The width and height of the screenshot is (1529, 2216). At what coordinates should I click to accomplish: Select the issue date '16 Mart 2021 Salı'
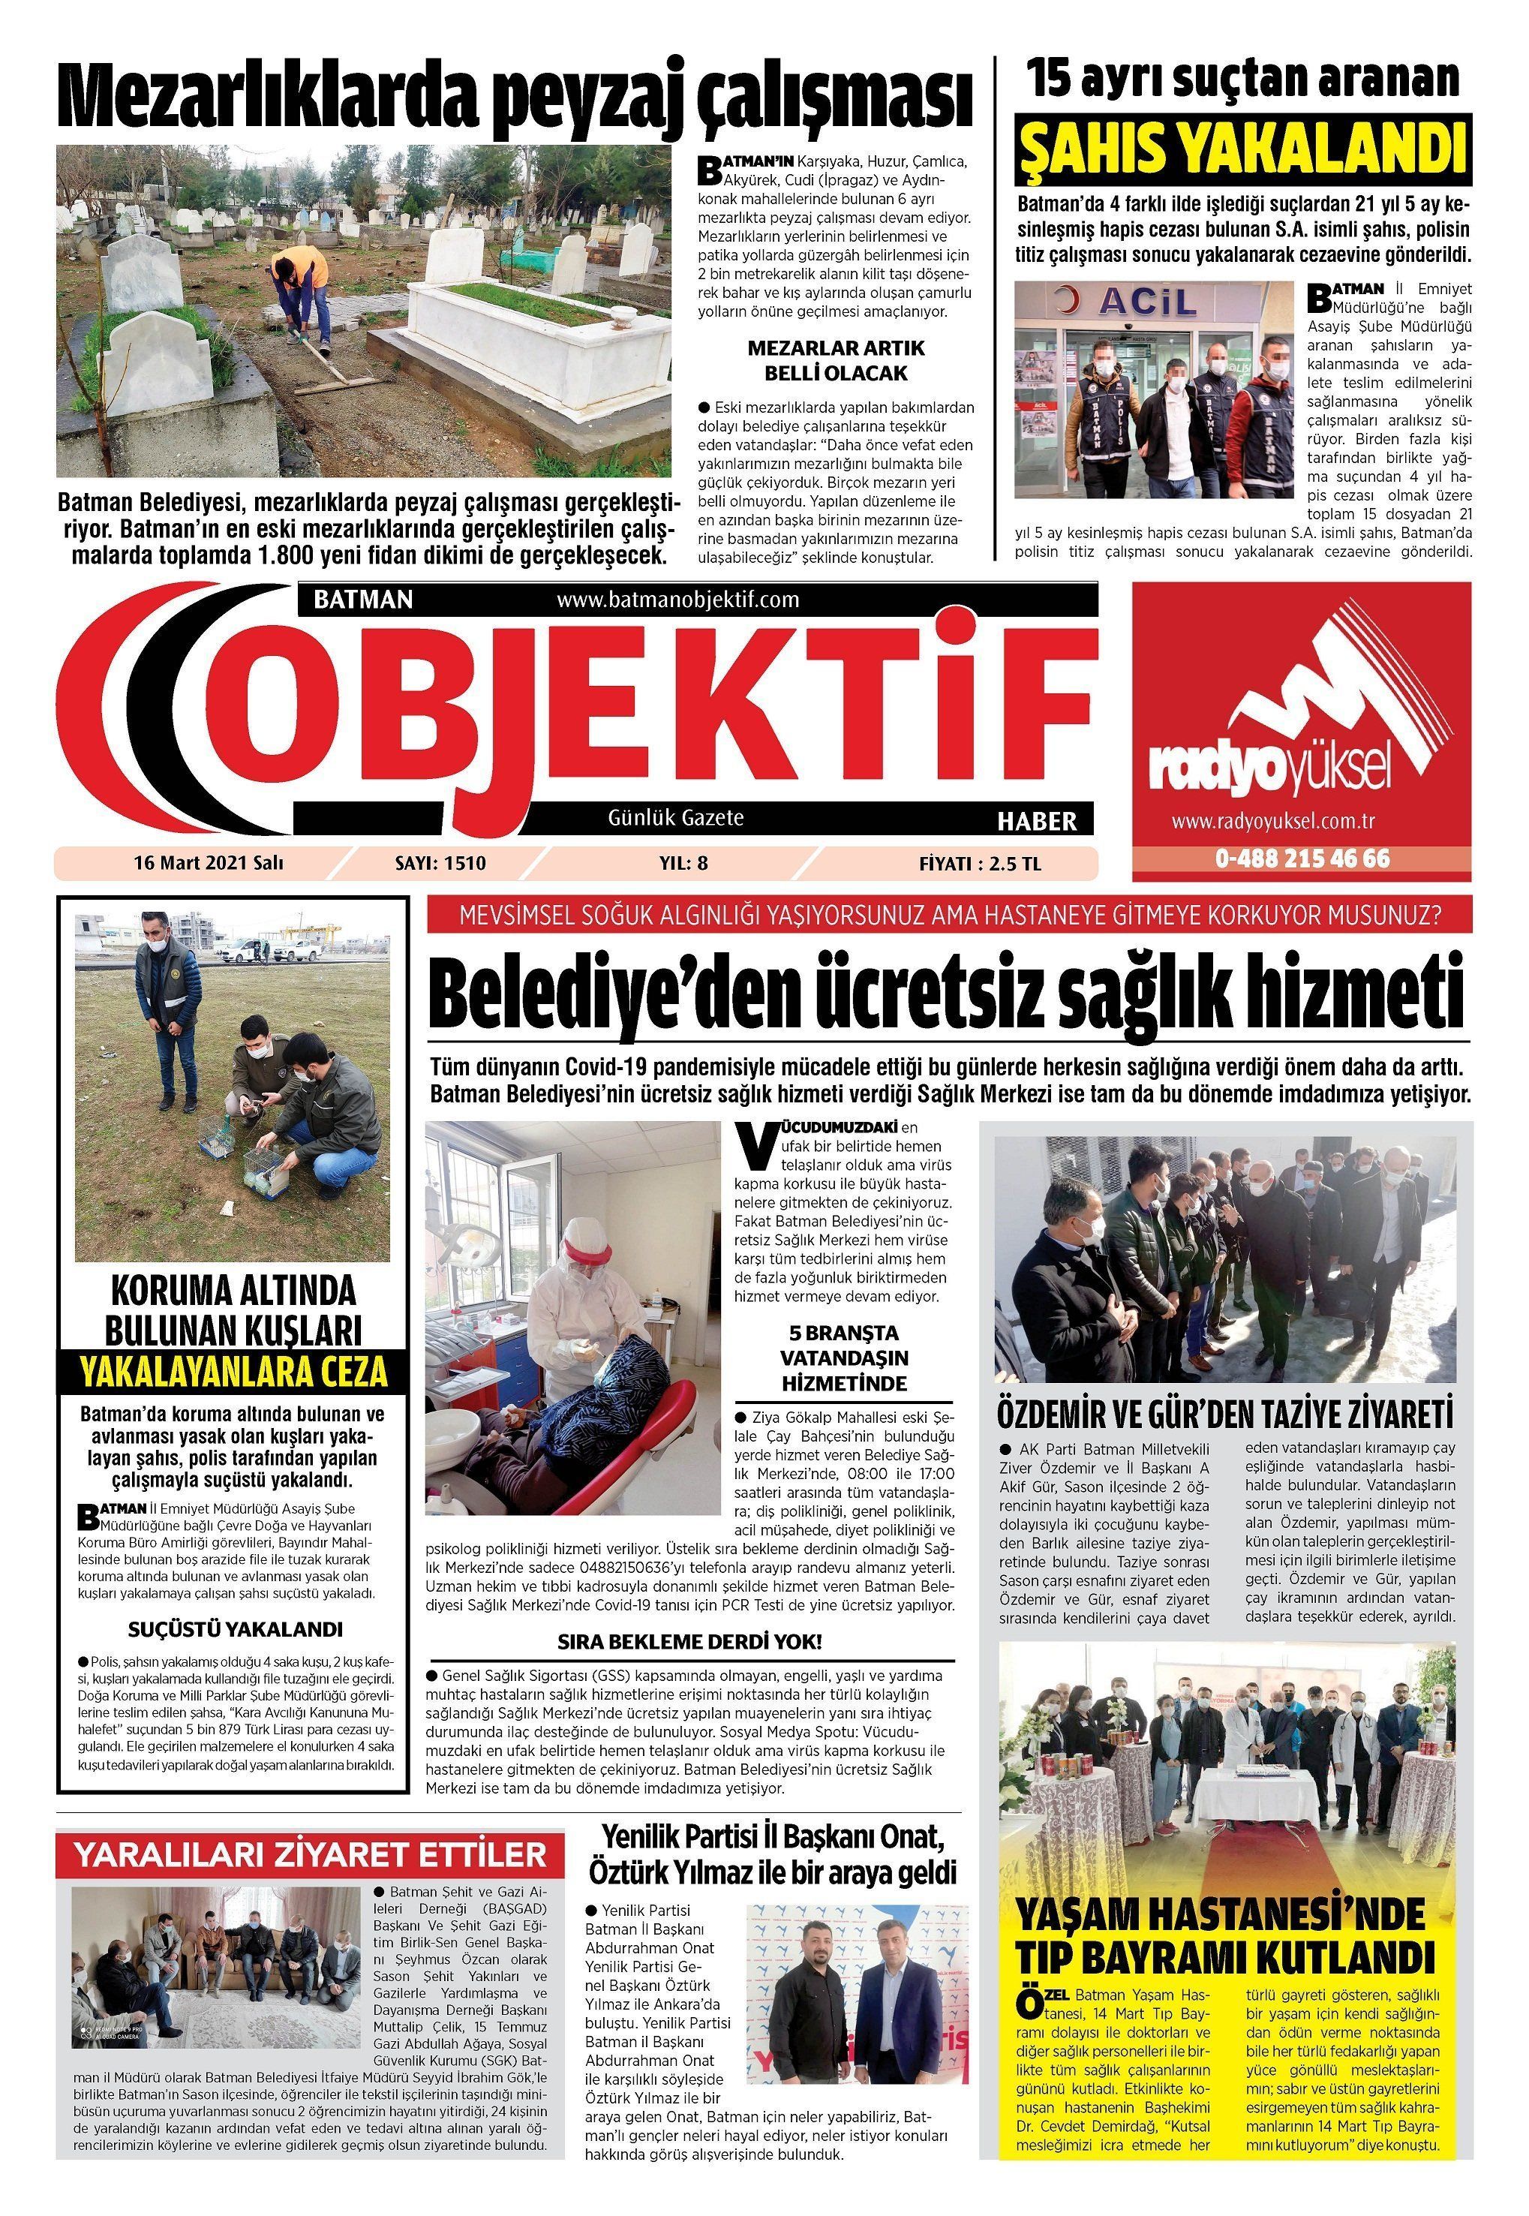tap(208, 863)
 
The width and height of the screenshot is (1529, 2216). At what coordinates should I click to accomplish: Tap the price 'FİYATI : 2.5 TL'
tap(979, 863)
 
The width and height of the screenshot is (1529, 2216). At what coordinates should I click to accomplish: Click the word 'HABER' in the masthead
tap(1037, 821)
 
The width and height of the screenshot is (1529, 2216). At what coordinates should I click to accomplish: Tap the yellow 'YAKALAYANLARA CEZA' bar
tap(234, 1372)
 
